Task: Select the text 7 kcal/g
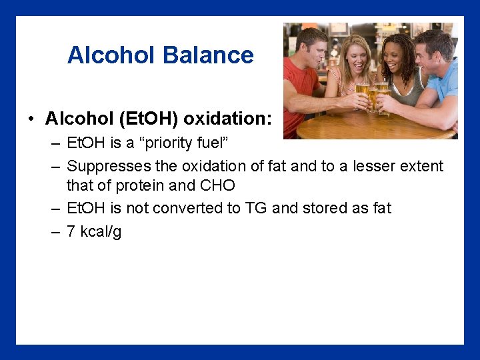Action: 94,231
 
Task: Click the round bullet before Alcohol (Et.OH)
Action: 31,119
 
